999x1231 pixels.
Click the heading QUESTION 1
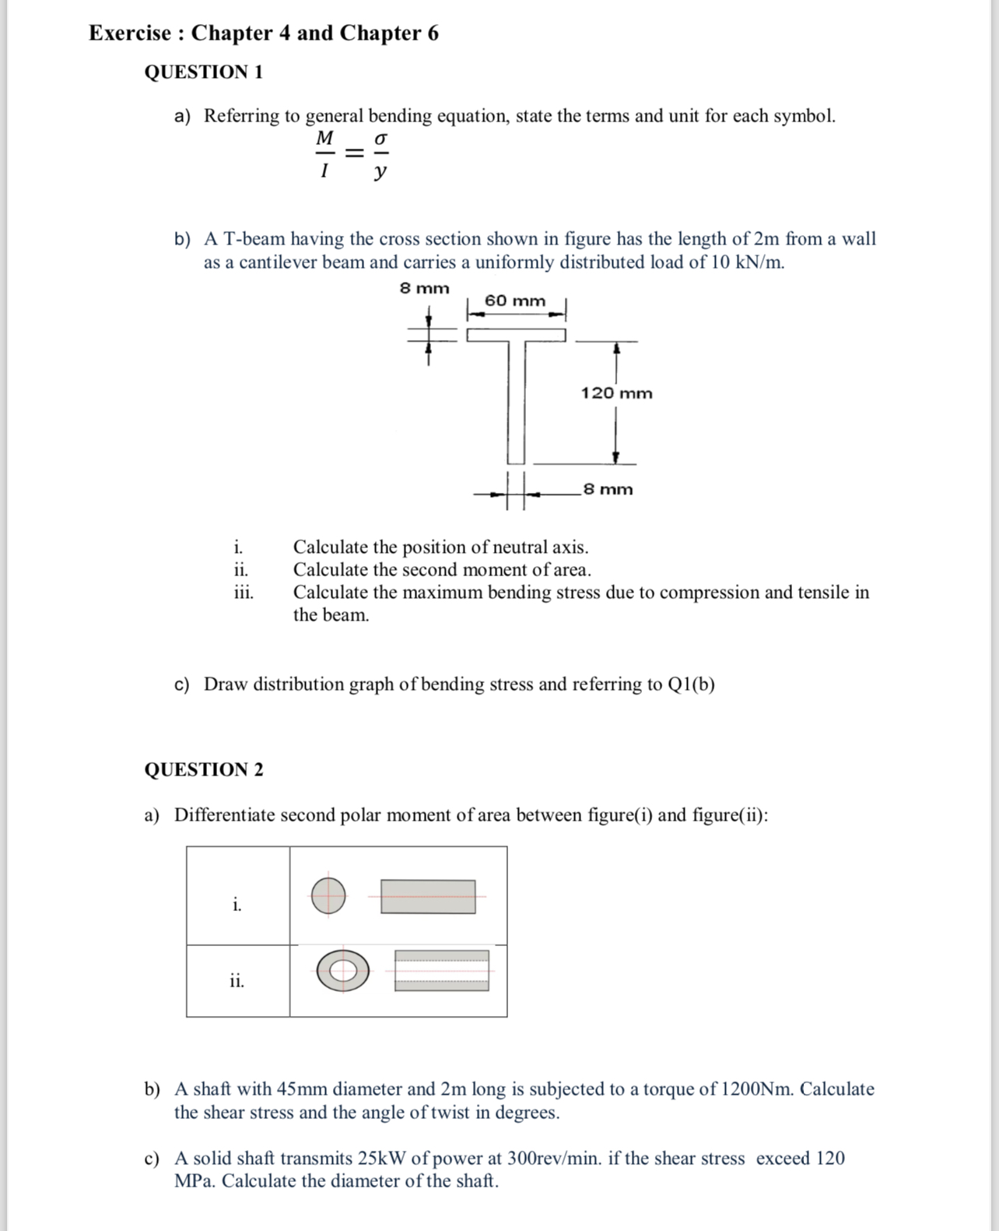204,72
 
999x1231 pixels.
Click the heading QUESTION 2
204,769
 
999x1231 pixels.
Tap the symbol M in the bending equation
324,139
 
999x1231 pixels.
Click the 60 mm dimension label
515,301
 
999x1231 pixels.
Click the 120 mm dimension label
616,393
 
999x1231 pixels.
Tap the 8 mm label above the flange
425,288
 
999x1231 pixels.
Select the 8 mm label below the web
608,489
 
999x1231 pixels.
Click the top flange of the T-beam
516,335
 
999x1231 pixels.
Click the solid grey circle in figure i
328,895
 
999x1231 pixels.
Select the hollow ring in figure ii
342,970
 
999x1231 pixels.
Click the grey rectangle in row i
428,896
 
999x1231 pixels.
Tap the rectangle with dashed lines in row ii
441,970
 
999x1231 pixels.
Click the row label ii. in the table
237,981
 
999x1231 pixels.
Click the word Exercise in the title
130,33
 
